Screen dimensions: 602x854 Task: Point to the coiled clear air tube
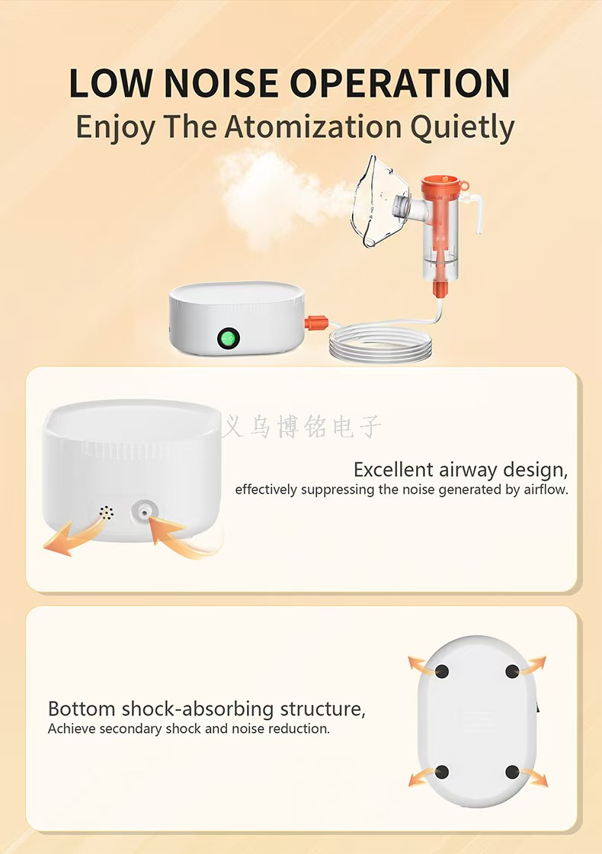pyautogui.click(x=380, y=342)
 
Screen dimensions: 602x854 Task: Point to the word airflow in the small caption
pyautogui.click(x=546, y=489)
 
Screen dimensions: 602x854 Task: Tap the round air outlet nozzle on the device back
pyautogui.click(x=144, y=513)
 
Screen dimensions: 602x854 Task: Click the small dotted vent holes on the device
pyautogui.click(x=106, y=513)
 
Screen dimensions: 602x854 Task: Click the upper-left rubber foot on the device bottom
pyautogui.click(x=442, y=671)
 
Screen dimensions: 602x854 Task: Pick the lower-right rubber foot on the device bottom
pyautogui.click(x=512, y=772)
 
